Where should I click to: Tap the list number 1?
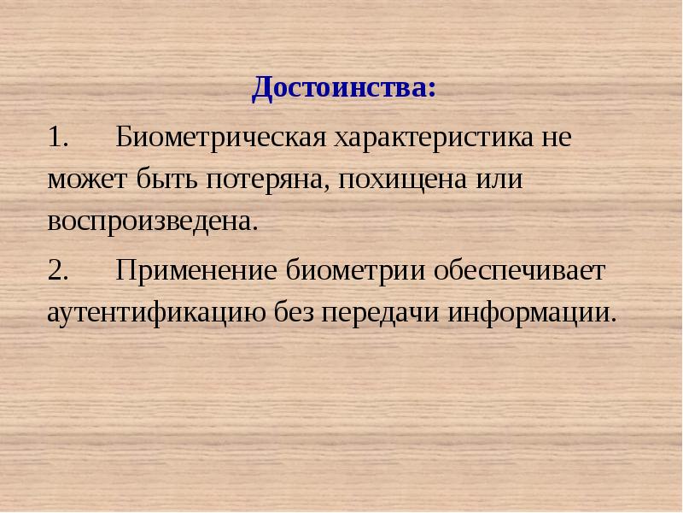[x=59, y=137]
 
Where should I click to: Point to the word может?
[x=85, y=181]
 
